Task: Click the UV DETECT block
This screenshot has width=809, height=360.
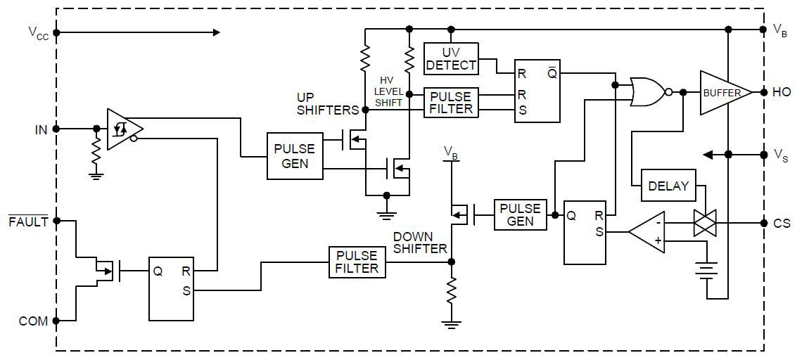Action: [x=451, y=59]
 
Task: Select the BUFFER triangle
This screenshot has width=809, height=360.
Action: [x=723, y=92]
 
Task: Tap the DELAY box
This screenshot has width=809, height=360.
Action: [x=668, y=186]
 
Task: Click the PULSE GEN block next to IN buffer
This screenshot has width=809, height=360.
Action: [x=295, y=156]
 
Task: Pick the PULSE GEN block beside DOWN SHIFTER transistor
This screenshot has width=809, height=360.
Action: [x=521, y=214]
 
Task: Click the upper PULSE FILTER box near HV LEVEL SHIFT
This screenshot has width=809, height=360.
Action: [x=451, y=103]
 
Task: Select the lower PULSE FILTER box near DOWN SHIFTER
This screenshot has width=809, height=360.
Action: [x=357, y=262]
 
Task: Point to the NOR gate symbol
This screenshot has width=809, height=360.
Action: [x=648, y=92]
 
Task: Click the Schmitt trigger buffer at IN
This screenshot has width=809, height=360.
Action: [x=124, y=129]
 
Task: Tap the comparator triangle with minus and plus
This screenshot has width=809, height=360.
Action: [x=646, y=231]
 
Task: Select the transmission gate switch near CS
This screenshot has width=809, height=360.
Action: [x=705, y=224]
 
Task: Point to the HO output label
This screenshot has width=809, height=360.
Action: [x=782, y=92]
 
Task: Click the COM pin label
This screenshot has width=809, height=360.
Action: [x=34, y=321]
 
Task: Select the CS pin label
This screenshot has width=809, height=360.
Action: [x=782, y=224]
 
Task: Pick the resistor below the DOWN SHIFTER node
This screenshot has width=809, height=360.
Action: [x=452, y=288]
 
